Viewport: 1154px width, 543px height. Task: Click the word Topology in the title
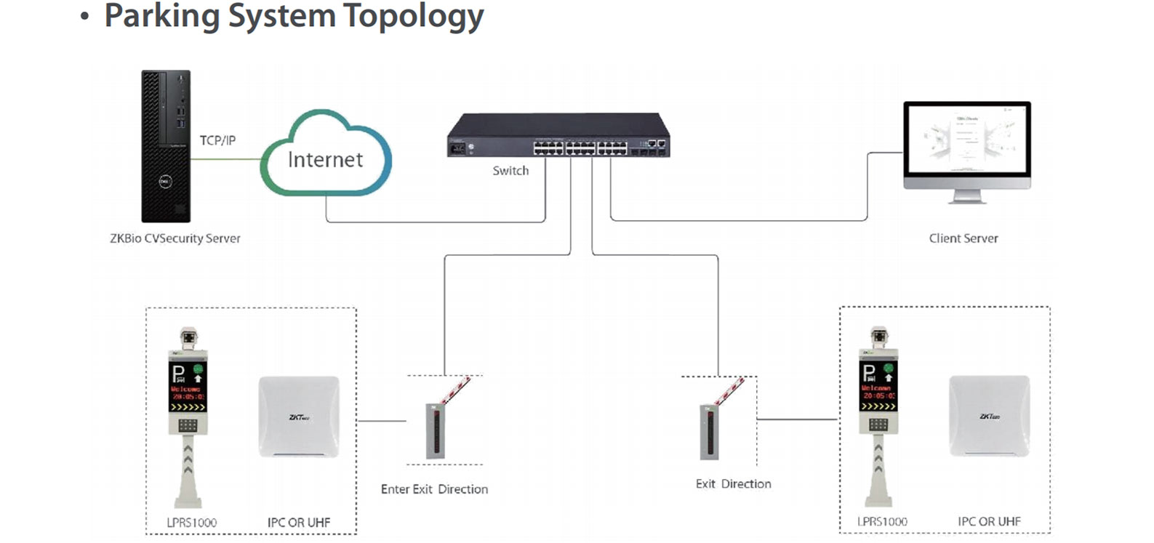[412, 16]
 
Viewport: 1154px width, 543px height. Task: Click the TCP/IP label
[217, 140]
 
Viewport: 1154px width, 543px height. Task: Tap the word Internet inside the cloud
[325, 160]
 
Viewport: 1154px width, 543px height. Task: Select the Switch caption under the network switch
[510, 171]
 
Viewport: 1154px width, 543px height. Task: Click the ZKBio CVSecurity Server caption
[175, 238]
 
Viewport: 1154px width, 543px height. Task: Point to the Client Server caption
[963, 238]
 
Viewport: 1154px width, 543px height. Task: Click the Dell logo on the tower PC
[165, 182]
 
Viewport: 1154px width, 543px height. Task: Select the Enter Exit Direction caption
[434, 489]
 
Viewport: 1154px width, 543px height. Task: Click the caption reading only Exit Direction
[733, 484]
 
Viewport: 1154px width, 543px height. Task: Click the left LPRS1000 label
[191, 523]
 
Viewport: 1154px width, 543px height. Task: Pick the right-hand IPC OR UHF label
[989, 522]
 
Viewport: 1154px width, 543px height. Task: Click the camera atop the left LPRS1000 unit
[188, 337]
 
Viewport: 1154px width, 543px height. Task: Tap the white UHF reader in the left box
[299, 416]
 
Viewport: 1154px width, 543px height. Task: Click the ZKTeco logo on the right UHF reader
[990, 417]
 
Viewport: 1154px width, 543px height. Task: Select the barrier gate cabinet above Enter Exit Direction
[435, 431]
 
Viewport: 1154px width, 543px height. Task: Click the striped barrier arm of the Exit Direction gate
[729, 390]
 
